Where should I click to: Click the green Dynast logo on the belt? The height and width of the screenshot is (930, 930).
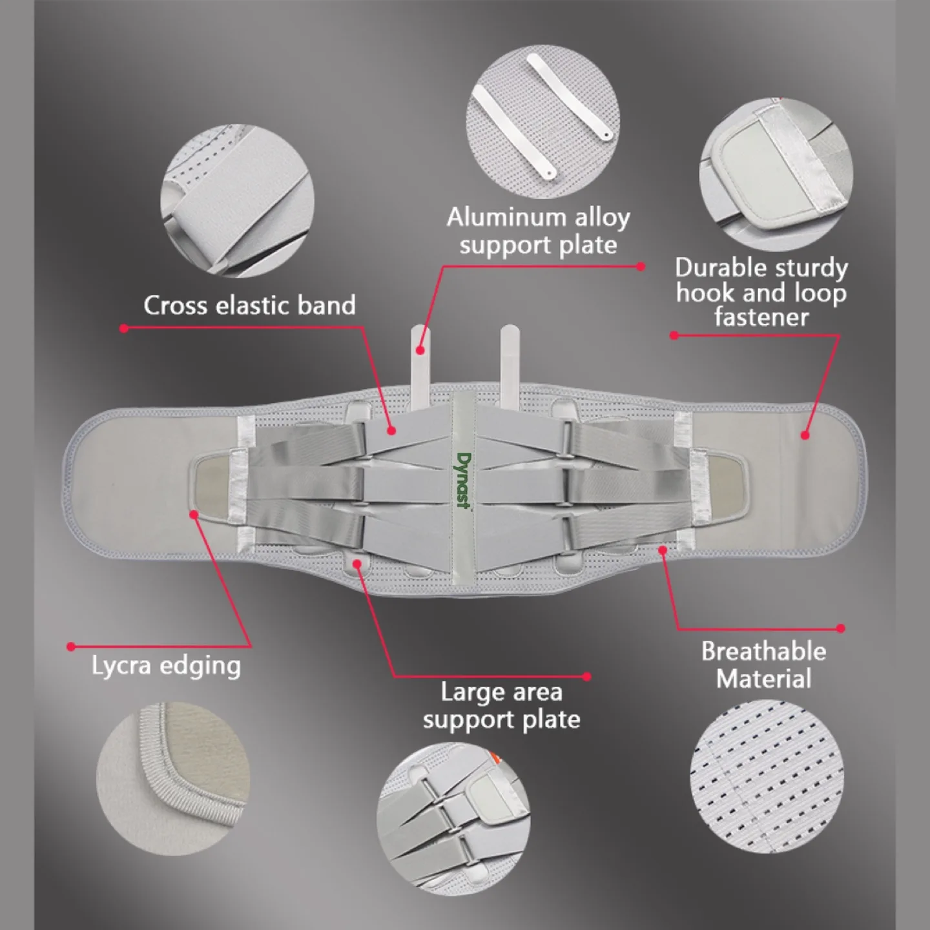coord(463,480)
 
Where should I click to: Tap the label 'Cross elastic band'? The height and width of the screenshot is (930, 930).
coord(249,305)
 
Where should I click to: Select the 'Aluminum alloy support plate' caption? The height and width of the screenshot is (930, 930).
coord(538,231)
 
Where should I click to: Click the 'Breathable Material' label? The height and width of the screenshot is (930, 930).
coord(763,665)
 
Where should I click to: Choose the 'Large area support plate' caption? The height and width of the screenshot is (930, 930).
coord(501,706)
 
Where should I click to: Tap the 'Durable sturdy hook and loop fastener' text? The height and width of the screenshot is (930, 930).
coord(761,293)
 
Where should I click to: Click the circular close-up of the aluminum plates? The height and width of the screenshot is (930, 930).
coord(543,121)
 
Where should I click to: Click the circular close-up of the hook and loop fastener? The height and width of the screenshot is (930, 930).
coord(776,174)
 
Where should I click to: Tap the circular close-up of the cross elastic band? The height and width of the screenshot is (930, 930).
coord(238,201)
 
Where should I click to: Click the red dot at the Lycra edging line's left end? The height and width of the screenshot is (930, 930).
coord(72,646)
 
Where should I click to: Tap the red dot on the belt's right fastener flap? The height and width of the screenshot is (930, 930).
coord(805,435)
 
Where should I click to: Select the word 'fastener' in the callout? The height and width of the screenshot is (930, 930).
coord(761,317)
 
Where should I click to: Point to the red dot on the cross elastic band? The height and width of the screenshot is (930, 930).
coord(391,430)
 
